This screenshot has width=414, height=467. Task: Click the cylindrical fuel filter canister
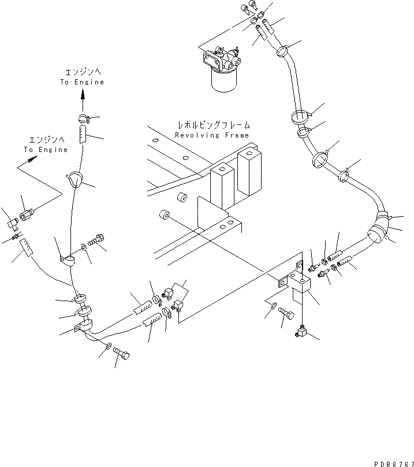(x=222, y=80)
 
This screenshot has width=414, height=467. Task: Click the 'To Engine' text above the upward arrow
(x=82, y=82)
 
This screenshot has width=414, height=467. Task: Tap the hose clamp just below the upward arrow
(x=82, y=120)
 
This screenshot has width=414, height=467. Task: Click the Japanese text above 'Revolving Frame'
(x=214, y=125)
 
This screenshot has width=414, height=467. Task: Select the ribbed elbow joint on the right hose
(x=379, y=223)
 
